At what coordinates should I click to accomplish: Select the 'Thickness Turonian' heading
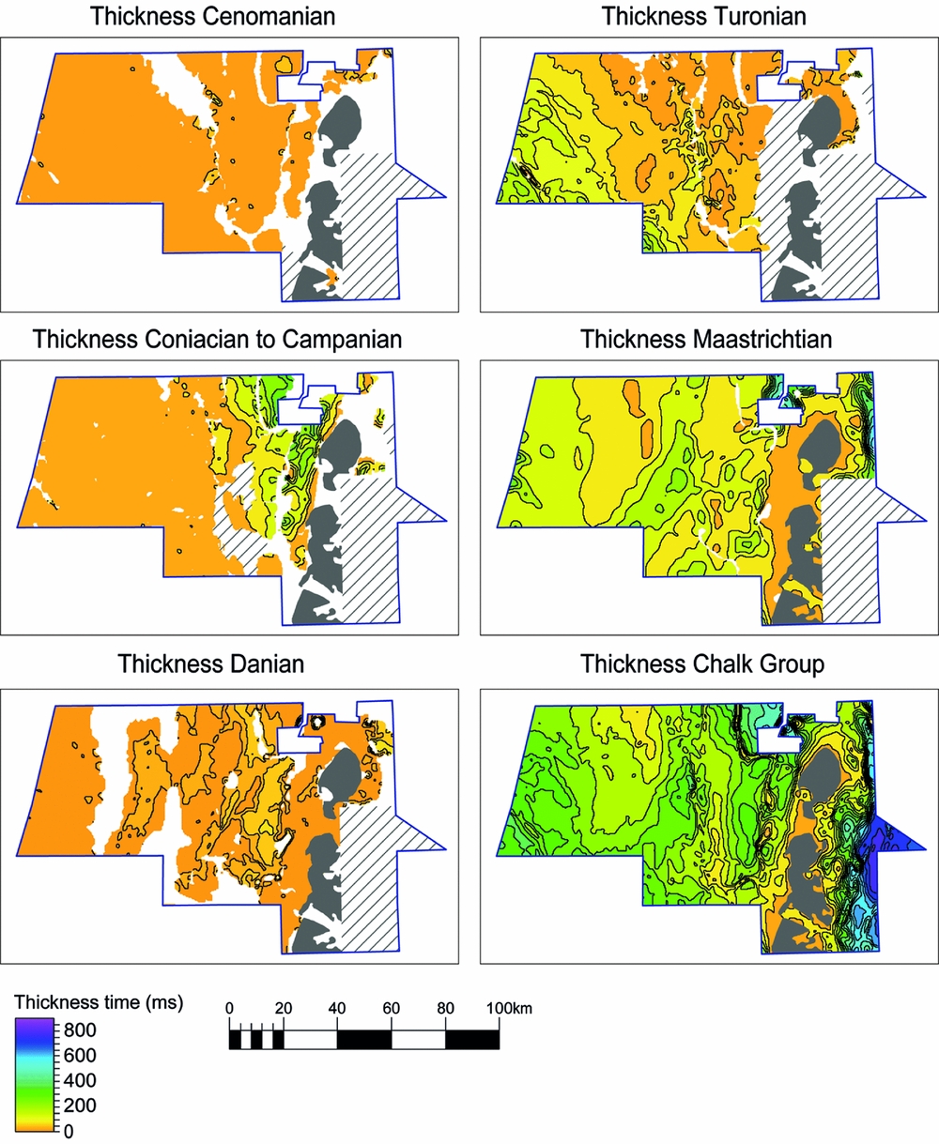704,16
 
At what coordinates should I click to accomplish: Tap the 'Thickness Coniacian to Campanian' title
217,340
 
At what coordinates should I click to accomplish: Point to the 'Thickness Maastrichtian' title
706,340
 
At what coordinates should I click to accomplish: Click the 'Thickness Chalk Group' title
702,664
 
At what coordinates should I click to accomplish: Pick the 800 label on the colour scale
81,1030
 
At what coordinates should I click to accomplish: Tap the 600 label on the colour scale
81,1055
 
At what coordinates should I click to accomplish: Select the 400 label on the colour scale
81,1080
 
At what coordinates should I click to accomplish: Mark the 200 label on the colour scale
81,1106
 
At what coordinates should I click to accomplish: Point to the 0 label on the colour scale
69,1131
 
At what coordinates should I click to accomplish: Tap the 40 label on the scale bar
337,1009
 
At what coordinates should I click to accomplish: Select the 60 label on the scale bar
392,1009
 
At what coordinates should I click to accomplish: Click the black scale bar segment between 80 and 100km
472,1039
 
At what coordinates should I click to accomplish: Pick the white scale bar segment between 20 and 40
310,1039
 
